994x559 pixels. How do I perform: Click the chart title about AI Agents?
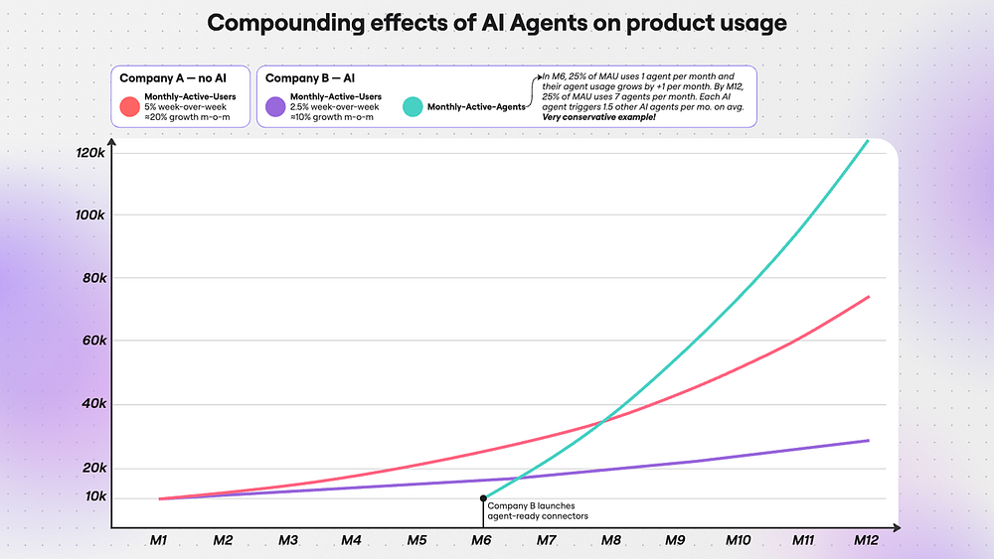coord(497,22)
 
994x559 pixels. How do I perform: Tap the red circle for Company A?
coord(129,106)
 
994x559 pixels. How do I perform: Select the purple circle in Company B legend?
coord(275,106)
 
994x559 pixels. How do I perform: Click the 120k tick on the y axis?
coord(90,153)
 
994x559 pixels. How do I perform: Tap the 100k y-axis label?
coord(90,214)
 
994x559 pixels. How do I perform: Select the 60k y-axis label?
coord(92,341)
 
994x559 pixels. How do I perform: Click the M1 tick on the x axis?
coord(159,540)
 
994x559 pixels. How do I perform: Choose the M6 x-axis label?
coord(481,540)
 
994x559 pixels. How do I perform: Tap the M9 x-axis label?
coord(675,540)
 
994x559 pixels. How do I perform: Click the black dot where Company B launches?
coord(483,498)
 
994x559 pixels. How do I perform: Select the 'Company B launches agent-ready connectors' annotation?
coord(538,510)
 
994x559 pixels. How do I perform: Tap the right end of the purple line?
coord(869,440)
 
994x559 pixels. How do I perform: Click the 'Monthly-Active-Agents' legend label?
coord(477,106)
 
